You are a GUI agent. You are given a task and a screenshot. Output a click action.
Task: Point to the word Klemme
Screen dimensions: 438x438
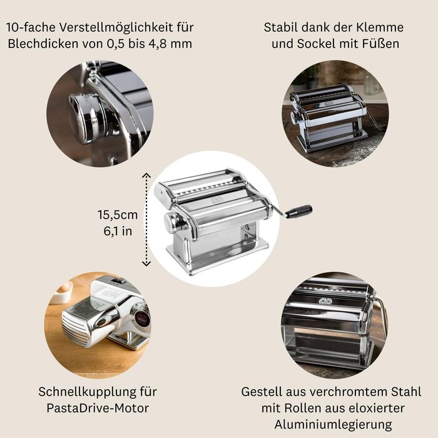click(380, 28)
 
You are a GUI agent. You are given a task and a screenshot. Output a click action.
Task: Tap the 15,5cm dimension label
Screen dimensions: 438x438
click(118, 215)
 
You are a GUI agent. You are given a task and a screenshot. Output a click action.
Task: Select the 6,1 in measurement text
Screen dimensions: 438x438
click(118, 231)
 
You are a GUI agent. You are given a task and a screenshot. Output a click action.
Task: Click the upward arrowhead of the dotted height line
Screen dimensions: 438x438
click(146, 175)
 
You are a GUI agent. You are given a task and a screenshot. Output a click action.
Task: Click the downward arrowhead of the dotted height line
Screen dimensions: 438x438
click(146, 263)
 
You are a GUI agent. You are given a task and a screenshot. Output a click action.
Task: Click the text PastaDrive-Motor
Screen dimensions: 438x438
click(98, 408)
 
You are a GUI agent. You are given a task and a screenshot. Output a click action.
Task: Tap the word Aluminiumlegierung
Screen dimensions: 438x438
click(333, 425)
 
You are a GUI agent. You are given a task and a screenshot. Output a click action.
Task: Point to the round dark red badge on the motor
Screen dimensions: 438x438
click(143, 319)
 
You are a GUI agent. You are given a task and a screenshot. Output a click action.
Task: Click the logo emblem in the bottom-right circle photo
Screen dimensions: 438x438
click(325, 300)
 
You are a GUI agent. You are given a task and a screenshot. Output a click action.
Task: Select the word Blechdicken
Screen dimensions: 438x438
click(43, 44)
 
